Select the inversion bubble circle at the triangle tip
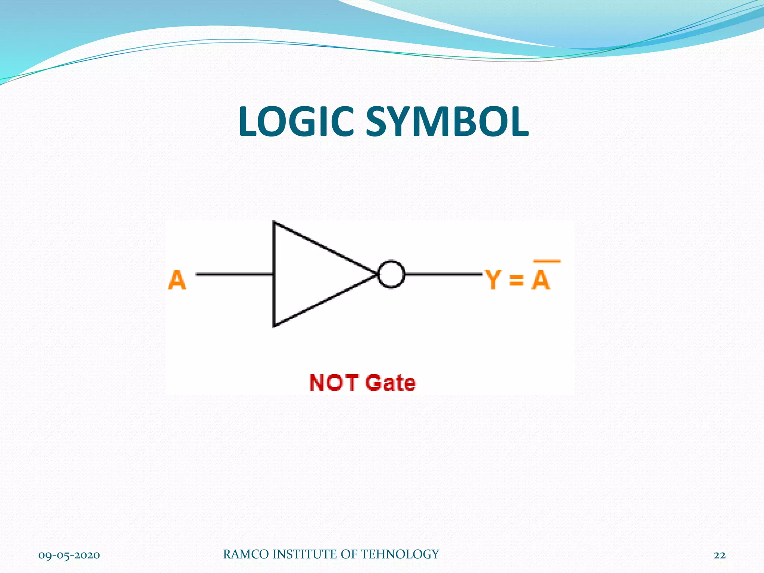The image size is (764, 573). click(x=391, y=274)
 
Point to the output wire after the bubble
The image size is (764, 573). click(x=443, y=274)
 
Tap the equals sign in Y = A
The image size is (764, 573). click(x=517, y=280)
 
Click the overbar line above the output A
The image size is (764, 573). click(x=547, y=261)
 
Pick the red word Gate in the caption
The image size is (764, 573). click(x=390, y=383)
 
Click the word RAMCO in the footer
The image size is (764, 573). click(x=246, y=554)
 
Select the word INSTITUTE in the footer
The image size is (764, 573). click(x=305, y=554)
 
